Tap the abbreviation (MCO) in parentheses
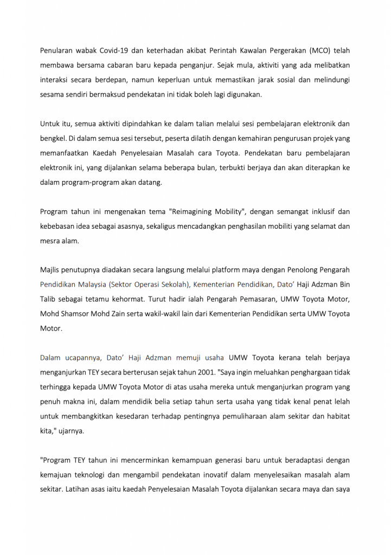(318, 51)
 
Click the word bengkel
(52, 139)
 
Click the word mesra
(50, 241)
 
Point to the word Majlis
(50, 269)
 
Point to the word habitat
(336, 416)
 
